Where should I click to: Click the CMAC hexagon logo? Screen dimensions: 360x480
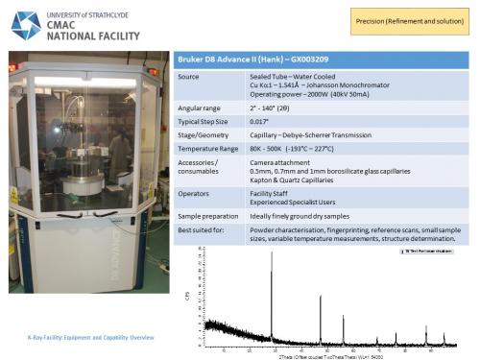[25, 25]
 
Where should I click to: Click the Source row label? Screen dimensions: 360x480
[189, 76]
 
